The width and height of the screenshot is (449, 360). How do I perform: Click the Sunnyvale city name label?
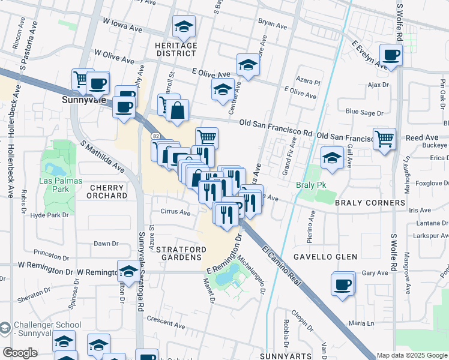[x=84, y=100]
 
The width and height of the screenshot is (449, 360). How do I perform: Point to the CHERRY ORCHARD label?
[x=108, y=191]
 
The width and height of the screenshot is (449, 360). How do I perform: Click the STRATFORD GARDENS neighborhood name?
[x=181, y=253]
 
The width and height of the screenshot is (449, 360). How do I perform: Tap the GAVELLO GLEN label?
[x=325, y=257]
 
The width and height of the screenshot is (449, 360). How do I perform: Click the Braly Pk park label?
[x=311, y=185]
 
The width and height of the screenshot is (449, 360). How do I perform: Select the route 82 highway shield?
[x=155, y=137]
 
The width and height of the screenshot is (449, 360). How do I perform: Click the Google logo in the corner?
[x=20, y=353]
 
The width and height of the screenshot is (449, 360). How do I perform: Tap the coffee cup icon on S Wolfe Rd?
[x=391, y=56]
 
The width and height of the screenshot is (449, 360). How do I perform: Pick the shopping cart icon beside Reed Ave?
[x=384, y=139]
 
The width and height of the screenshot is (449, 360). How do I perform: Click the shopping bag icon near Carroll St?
[x=178, y=110]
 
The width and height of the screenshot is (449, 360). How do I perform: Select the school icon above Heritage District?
[x=184, y=26]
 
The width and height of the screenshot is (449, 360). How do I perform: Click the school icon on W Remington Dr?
[x=127, y=271]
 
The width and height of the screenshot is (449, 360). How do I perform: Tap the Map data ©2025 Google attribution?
[x=412, y=355]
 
